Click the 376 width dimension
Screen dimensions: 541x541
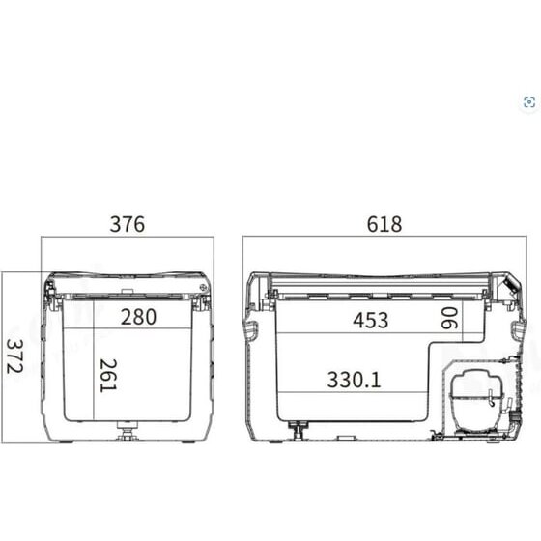click(128, 224)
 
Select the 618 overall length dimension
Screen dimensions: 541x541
click(384, 224)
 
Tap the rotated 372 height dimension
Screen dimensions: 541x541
click(15, 356)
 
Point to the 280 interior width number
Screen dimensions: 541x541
click(138, 317)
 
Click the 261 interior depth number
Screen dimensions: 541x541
click(108, 376)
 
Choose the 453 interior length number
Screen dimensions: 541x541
click(371, 320)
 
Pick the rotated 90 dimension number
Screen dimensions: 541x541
click(449, 318)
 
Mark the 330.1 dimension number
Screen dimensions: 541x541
click(354, 380)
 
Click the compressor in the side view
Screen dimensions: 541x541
click(476, 401)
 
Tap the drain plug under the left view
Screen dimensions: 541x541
click(128, 430)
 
